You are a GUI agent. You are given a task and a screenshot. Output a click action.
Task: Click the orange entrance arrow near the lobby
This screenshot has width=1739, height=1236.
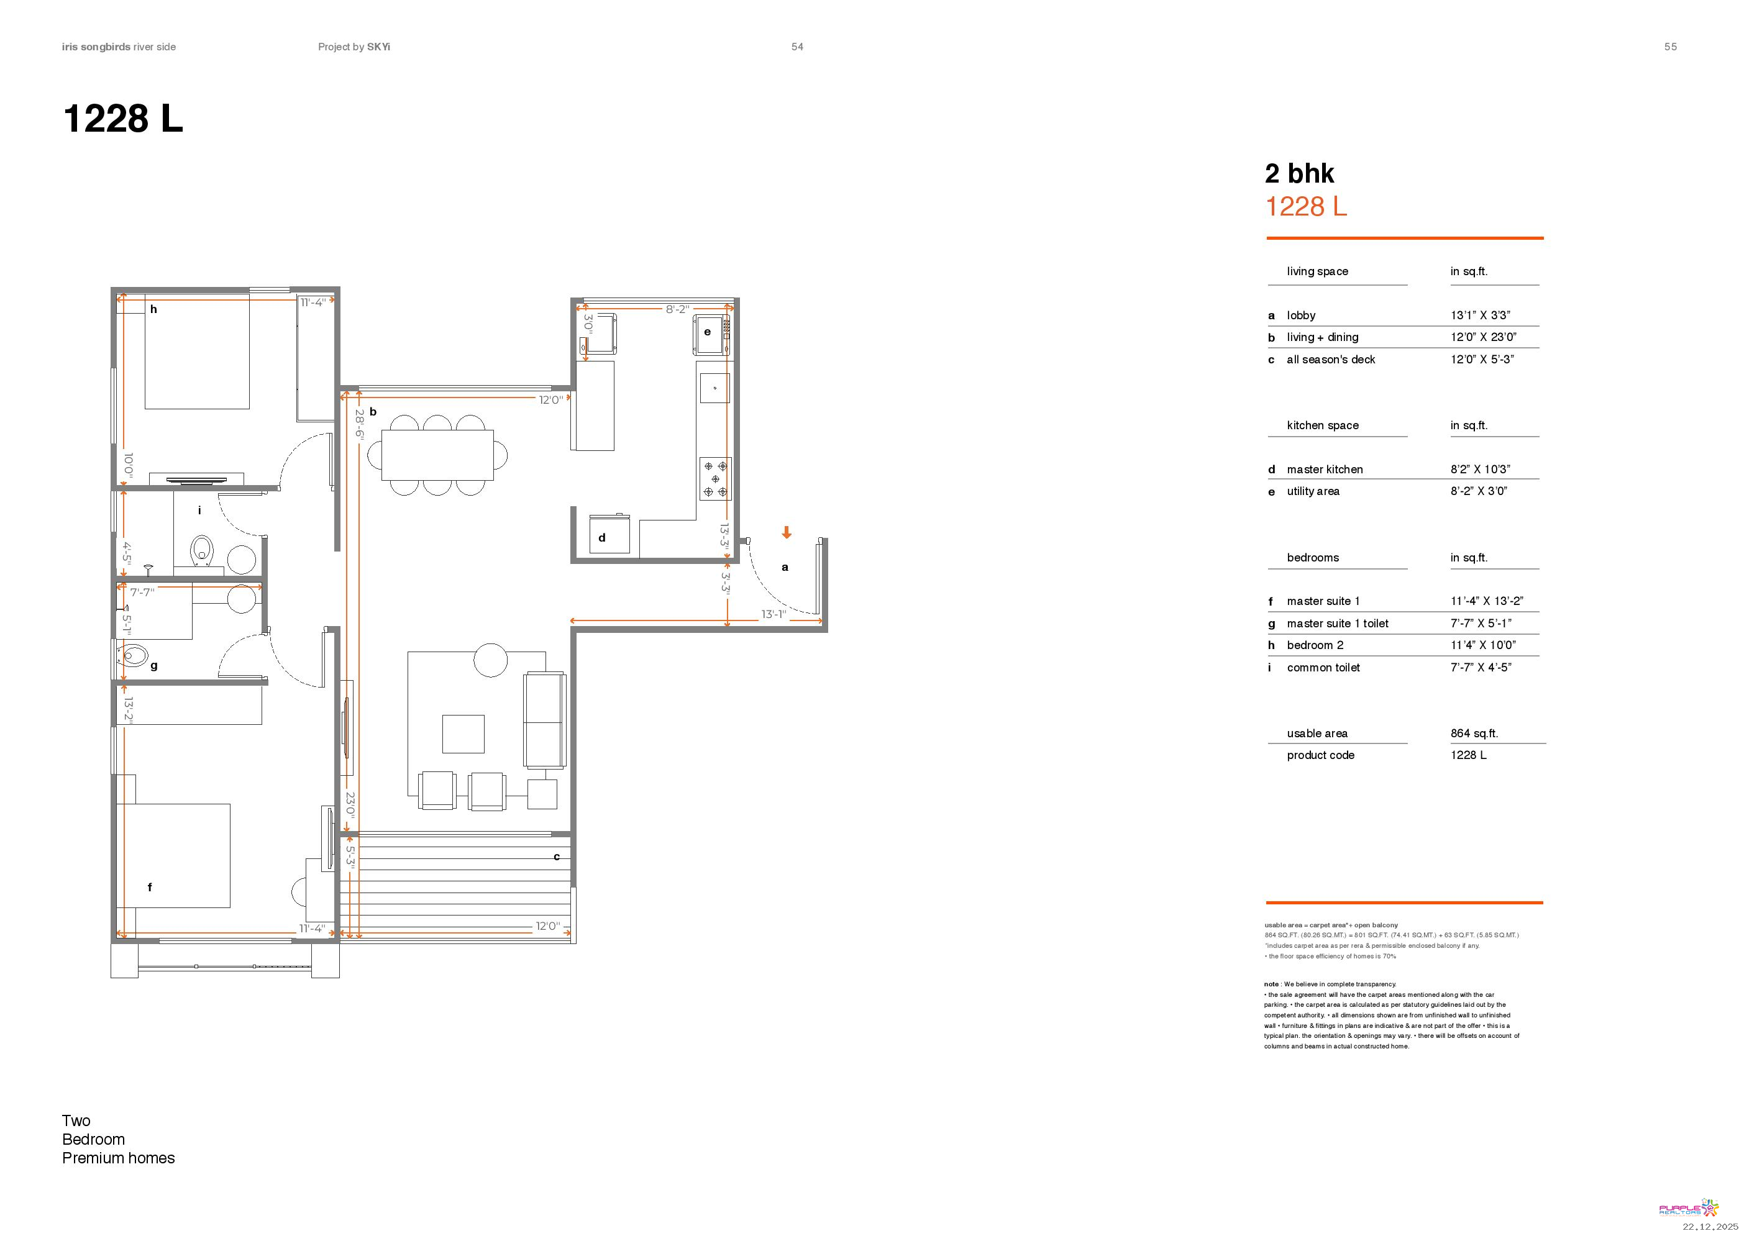787,533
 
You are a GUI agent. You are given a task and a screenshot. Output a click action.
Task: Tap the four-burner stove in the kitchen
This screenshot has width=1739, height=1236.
715,479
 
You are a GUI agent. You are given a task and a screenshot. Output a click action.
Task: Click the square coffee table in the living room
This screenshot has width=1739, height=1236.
463,734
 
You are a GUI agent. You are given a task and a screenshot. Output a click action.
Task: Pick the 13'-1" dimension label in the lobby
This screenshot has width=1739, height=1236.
773,614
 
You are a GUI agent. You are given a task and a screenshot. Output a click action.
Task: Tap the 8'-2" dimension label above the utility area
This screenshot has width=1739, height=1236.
677,309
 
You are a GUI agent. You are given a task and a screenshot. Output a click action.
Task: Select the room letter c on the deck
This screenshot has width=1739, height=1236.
557,857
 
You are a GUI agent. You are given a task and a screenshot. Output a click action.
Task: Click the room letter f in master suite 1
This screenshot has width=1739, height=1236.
149,887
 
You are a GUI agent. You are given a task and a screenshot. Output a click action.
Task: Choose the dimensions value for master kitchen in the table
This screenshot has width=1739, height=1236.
1480,469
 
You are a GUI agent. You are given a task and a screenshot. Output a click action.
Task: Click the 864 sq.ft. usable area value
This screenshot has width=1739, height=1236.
1474,733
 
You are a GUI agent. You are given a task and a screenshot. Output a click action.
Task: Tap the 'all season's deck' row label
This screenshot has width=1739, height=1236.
1331,359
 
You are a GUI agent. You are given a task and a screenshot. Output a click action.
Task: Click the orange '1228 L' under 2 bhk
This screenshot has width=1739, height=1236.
1306,206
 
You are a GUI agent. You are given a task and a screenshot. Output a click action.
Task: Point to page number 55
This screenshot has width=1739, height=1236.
1671,47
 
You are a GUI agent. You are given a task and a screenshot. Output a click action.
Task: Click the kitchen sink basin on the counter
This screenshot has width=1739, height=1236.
715,388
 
